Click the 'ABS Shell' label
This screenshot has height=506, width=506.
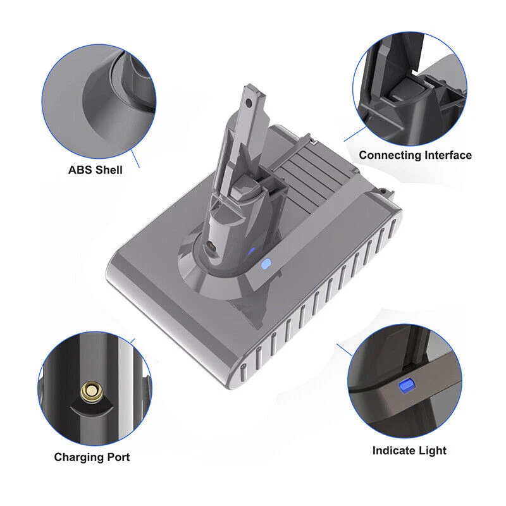pos(96,170)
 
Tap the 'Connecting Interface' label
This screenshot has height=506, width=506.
pos(415,155)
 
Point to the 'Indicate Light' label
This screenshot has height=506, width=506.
pos(409,450)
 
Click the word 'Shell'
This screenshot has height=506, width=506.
pos(108,170)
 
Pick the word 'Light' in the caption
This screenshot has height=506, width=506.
pos(431,450)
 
